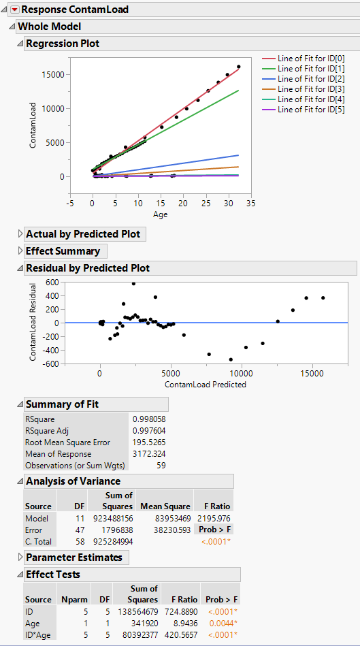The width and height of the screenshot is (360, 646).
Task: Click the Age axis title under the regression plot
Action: pyautogui.click(x=159, y=214)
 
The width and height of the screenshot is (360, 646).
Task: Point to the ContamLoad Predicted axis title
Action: pyautogui.click(x=205, y=384)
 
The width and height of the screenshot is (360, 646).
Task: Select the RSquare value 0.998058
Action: pyautogui.click(x=149, y=419)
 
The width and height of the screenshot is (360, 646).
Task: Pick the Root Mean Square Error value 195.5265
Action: pyautogui.click(x=149, y=442)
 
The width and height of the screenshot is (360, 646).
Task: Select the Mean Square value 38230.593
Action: pyautogui.click(x=164, y=530)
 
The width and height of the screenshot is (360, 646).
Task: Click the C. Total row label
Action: pyautogui.click(x=38, y=542)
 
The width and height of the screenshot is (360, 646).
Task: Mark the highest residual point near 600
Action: pyautogui.click(x=133, y=283)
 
